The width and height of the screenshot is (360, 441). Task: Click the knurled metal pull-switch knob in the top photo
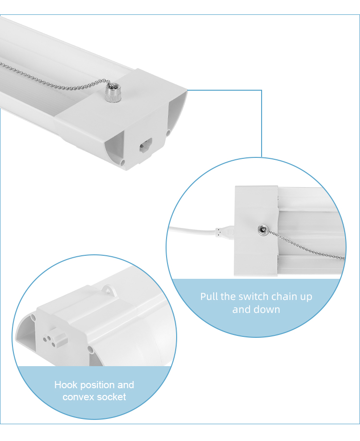[113, 93]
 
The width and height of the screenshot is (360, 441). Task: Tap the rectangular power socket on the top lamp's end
[146, 145]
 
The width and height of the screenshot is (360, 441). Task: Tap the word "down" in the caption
[267, 310]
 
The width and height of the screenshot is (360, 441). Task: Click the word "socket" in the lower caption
[112, 397]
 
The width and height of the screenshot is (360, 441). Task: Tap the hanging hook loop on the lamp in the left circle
[109, 290]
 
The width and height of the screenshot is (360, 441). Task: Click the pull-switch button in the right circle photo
[263, 230]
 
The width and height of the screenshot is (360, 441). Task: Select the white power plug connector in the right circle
[225, 233]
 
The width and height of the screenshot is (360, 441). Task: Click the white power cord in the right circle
[192, 230]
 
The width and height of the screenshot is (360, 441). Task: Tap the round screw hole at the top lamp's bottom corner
[122, 162]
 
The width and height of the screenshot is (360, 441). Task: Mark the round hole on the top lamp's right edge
[168, 132]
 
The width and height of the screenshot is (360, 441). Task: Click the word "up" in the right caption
[306, 298]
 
